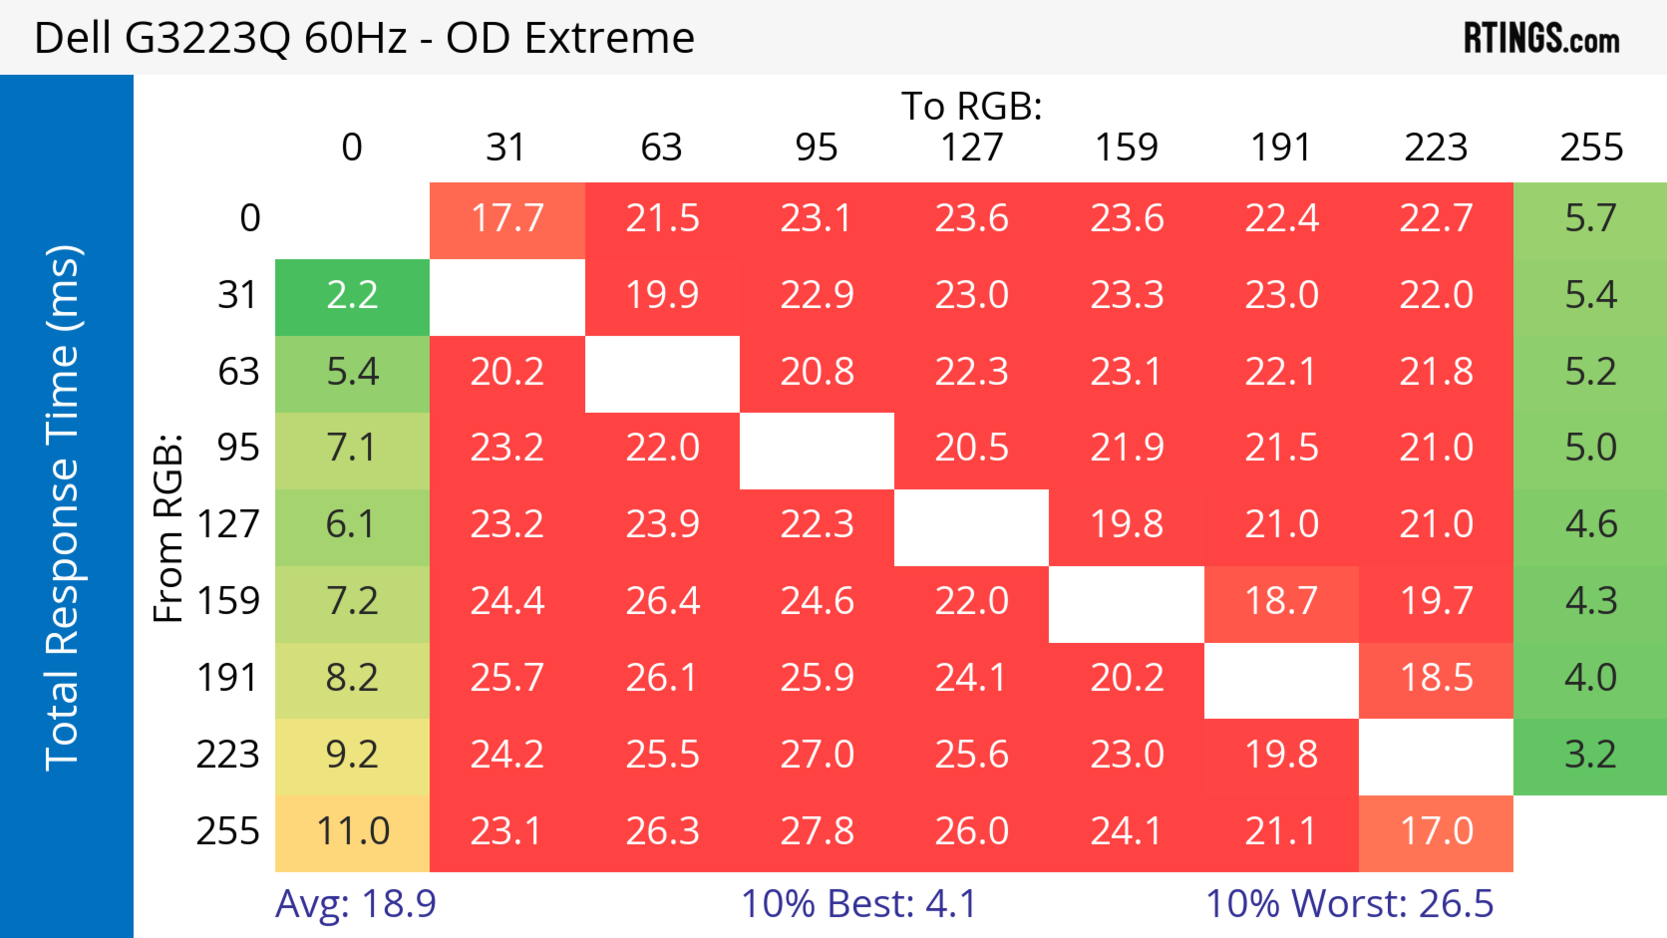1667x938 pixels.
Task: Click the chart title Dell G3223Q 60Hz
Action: tap(364, 37)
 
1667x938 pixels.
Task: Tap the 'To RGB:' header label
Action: tap(972, 106)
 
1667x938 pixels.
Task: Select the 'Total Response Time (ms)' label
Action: tap(63, 508)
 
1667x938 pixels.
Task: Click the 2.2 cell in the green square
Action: tap(352, 296)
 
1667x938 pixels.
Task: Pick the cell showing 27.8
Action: tap(817, 831)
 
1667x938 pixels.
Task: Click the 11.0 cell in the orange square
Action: tap(352, 831)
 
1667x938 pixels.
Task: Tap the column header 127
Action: tap(972, 148)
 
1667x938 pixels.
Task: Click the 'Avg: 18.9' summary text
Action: tap(355, 904)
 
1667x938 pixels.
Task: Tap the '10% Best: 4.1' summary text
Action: tap(858, 904)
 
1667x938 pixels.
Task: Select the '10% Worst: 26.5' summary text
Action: tap(1349, 904)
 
